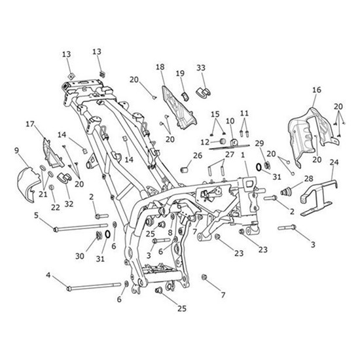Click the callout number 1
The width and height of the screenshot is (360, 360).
243,155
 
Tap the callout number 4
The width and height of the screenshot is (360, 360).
48,275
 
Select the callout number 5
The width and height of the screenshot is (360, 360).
36,215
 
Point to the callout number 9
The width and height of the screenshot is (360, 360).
16,151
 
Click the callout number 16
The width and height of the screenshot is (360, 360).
317,90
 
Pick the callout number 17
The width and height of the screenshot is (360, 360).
30,124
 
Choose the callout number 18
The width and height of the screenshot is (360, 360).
160,67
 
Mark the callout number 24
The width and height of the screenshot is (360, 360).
334,162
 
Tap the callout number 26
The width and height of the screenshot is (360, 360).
198,156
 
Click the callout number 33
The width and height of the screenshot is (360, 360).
201,67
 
